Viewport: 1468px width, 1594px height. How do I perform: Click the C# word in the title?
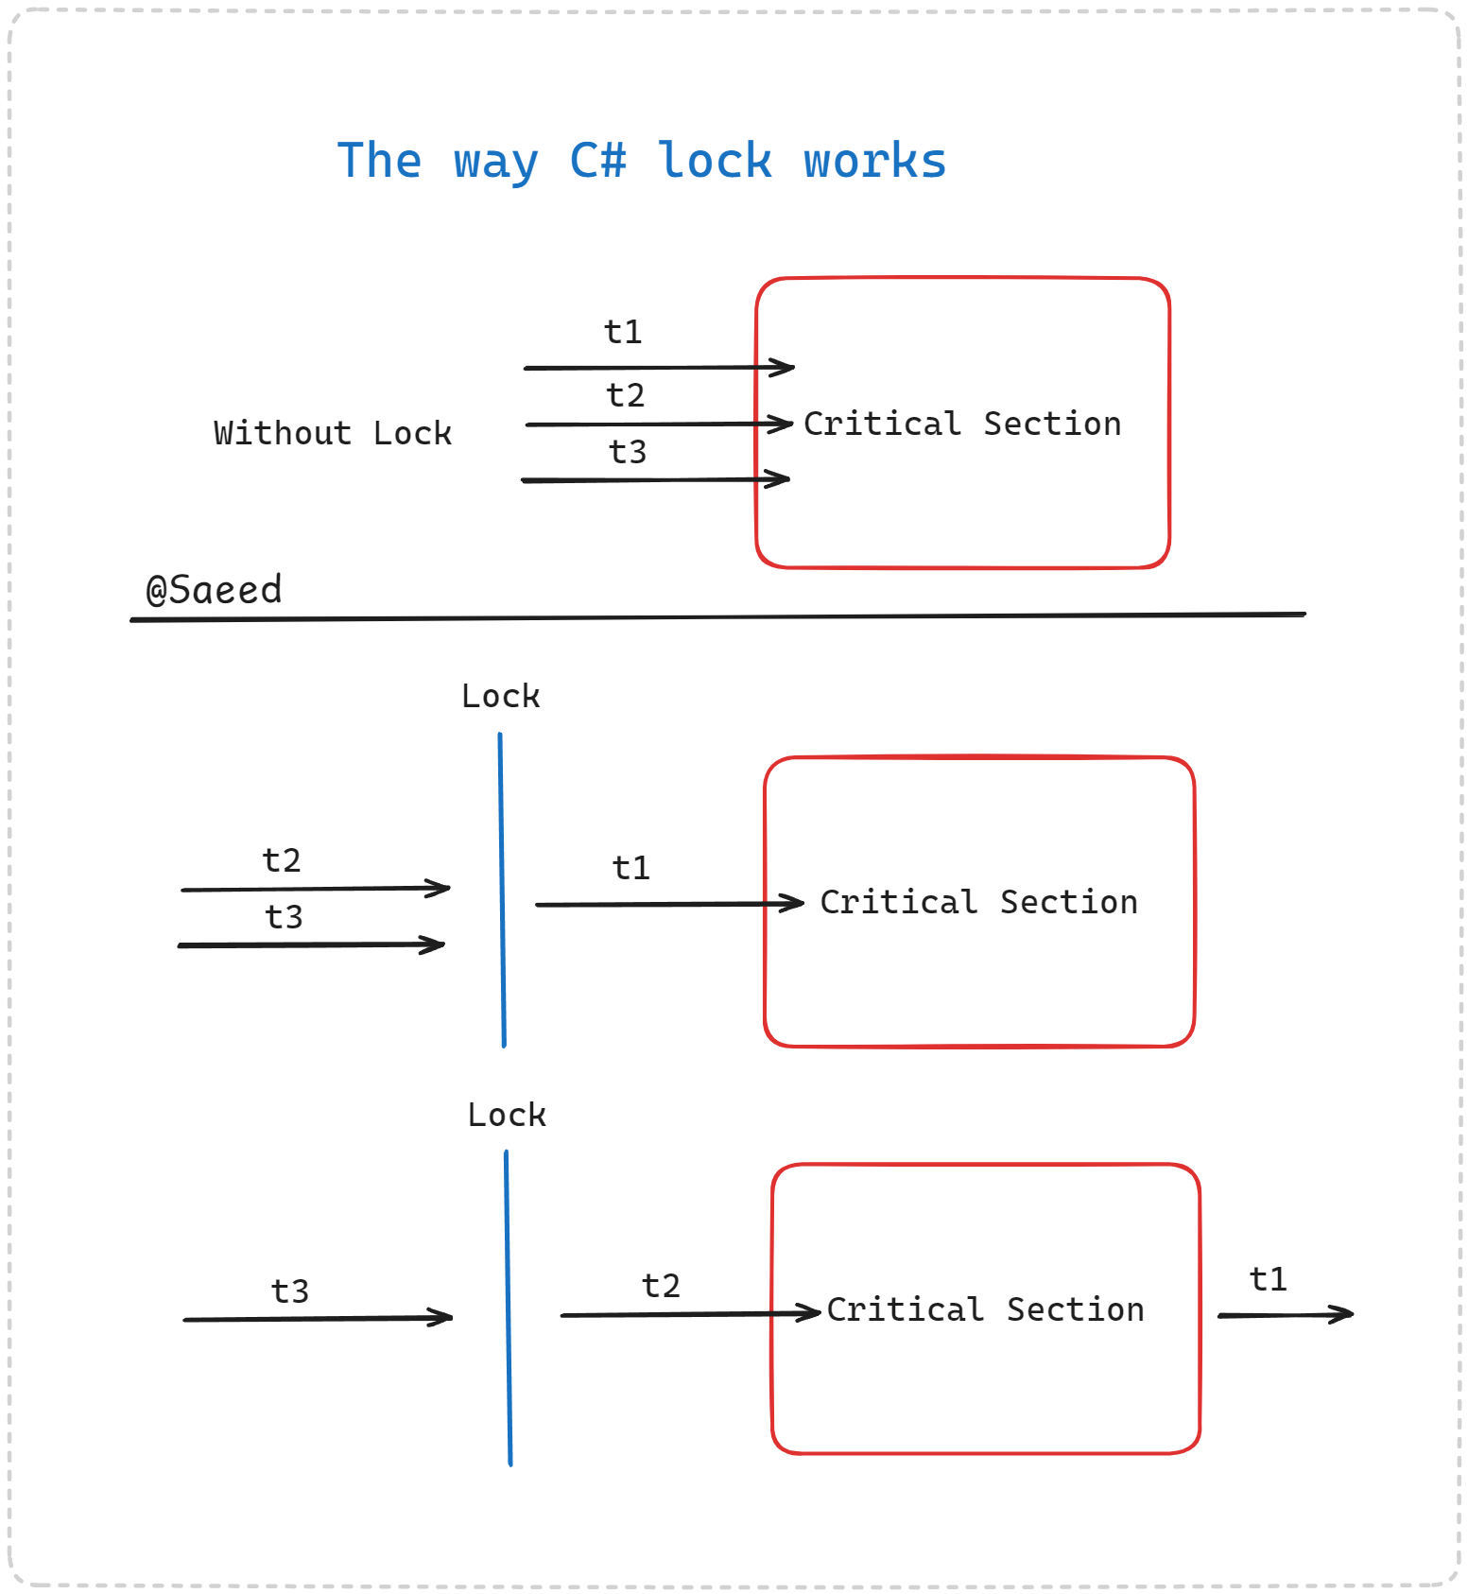597,160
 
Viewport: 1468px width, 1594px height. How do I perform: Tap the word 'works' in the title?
874,161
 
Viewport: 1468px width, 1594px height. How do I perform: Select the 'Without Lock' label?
333,433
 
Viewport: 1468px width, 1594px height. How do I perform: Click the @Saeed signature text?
214,590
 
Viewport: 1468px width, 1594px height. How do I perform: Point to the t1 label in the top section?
623,332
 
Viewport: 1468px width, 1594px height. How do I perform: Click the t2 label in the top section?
625,394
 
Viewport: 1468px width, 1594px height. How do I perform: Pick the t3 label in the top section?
628,452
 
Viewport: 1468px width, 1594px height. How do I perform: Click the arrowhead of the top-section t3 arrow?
782,479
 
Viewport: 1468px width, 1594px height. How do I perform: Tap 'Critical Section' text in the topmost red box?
962,424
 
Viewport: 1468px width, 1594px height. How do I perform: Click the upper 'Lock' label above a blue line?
500,697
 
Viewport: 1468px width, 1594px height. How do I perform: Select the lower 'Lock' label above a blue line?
507,1116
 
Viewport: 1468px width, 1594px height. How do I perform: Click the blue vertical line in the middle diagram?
502,889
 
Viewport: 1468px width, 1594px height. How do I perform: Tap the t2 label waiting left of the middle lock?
282,860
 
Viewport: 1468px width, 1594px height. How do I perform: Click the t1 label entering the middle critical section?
630,868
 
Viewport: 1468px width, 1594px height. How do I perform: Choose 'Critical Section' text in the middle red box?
978,902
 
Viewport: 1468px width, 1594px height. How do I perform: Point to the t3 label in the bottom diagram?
289,1291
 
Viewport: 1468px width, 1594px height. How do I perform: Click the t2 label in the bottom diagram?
661,1286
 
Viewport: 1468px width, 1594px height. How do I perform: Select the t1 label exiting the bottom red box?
1268,1280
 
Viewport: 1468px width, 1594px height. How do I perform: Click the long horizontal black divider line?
718,617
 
